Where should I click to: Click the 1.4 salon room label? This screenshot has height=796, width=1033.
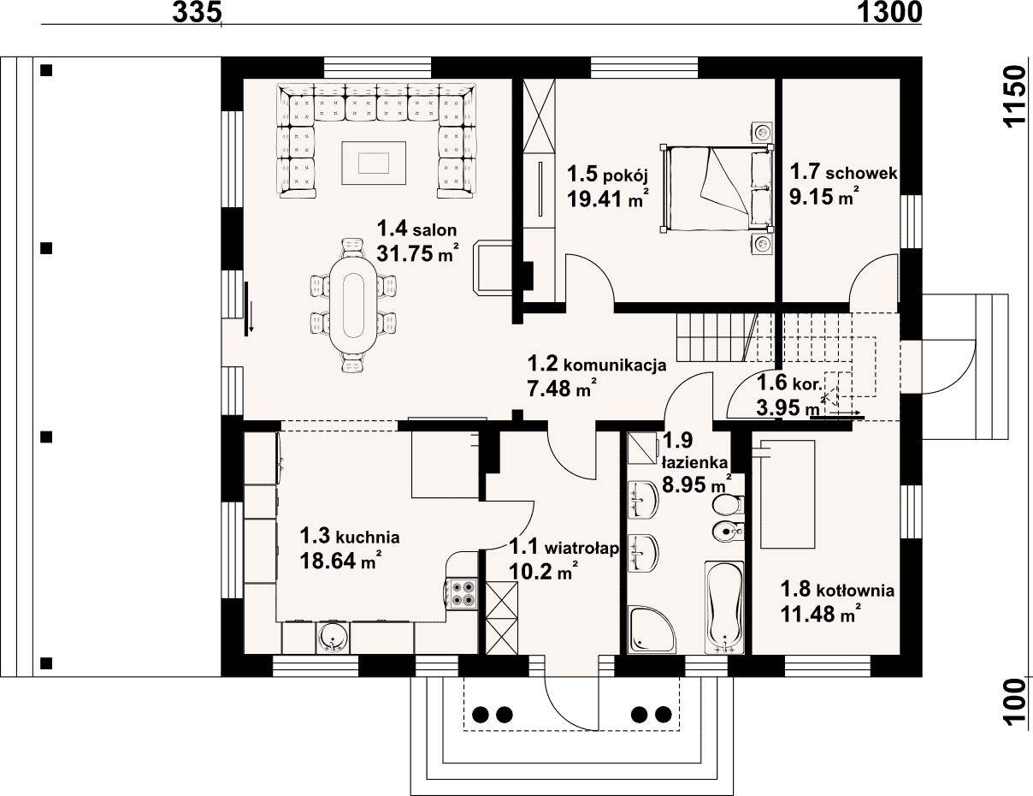point(416,229)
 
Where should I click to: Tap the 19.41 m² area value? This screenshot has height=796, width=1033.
point(608,198)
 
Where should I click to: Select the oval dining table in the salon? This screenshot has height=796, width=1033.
point(353,304)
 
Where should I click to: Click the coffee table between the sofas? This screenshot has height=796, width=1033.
point(373,163)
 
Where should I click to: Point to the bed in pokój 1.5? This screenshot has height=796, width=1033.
point(716,189)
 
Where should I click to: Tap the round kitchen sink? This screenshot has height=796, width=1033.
point(333,638)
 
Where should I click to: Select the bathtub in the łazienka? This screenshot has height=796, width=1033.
point(723,609)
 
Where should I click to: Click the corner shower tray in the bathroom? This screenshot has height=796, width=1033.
point(650,629)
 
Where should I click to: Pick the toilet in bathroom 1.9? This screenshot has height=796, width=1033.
point(728,504)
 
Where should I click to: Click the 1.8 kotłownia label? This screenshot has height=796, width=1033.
point(837,590)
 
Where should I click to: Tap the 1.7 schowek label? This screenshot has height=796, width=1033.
point(843,172)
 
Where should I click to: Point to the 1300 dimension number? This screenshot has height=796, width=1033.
point(889,12)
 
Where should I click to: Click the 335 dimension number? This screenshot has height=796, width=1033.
point(197,12)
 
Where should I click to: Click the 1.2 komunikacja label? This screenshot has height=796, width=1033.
point(597,365)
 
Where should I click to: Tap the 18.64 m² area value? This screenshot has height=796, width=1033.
point(340,561)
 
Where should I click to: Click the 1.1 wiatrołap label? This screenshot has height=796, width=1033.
point(564,547)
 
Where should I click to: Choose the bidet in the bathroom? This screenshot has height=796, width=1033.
point(728,531)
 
